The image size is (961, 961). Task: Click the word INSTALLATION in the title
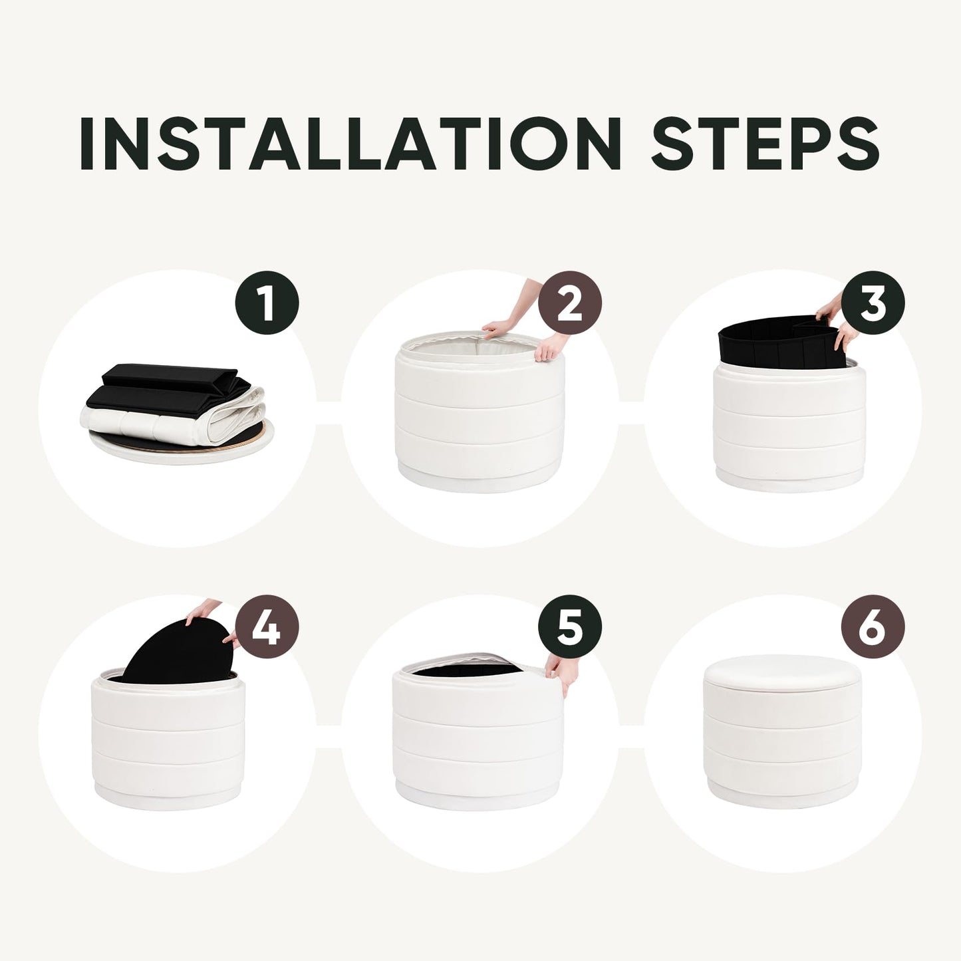click(350, 144)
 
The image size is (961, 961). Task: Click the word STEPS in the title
click(765, 144)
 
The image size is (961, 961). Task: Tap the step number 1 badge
click(267, 303)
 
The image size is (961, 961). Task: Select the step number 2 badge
click(570, 303)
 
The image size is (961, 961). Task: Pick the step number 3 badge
click(873, 303)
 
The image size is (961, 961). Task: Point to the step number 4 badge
click(267, 626)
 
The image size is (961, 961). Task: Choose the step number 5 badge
click(570, 626)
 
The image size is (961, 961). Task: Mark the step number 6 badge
click(873, 626)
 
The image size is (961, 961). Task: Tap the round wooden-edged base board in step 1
click(182, 446)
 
